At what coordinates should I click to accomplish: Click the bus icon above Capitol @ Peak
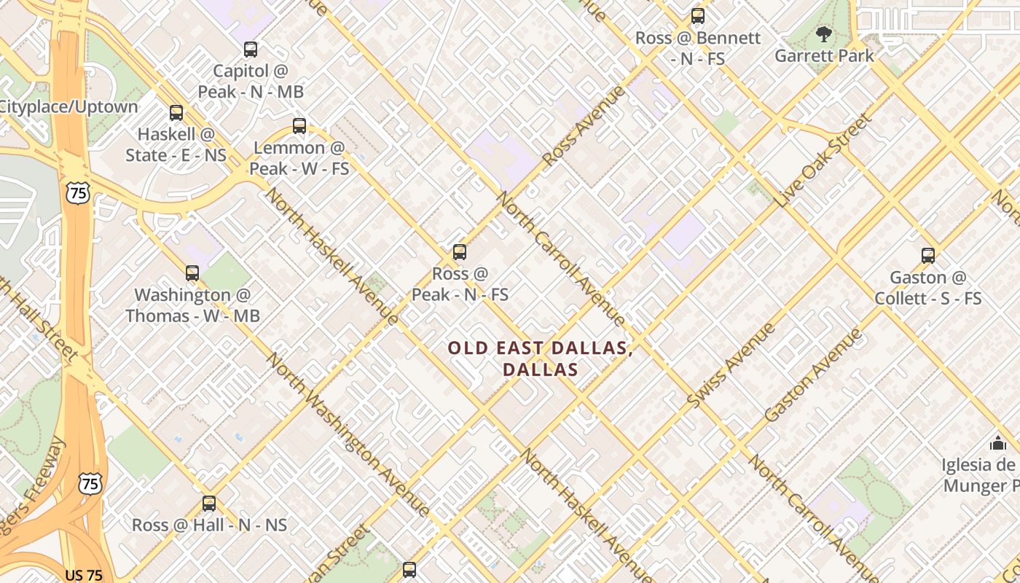(251, 50)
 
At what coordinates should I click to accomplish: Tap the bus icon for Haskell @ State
(176, 113)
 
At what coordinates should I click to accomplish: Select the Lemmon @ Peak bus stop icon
(299, 125)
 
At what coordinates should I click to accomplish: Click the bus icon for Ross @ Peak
(459, 252)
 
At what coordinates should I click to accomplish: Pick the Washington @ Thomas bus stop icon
(192, 273)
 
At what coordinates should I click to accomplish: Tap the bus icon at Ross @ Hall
(209, 504)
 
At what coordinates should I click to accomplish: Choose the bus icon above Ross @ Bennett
(698, 16)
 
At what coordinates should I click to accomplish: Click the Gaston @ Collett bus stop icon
(927, 256)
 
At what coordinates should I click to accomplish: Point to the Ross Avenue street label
(584, 125)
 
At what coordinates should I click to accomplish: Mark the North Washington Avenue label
(347, 434)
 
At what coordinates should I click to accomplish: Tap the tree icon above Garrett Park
(824, 34)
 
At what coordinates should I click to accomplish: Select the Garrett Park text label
(824, 56)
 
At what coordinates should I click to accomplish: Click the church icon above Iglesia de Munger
(997, 442)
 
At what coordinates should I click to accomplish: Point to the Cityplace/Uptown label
(68, 107)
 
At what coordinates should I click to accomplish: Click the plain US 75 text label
(84, 575)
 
